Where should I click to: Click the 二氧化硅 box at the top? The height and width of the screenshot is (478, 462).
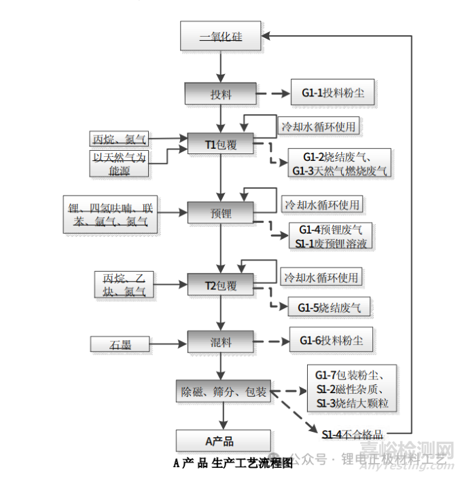click(220, 36)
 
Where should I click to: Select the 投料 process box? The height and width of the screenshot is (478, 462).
click(220, 94)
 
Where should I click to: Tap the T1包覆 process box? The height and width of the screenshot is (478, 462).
click(220, 144)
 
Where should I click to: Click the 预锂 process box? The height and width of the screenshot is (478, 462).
click(220, 213)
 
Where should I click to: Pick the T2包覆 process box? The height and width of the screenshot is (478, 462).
click(220, 285)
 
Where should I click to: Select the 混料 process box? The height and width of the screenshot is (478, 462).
click(220, 339)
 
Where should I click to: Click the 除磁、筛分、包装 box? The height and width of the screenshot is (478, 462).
click(223, 391)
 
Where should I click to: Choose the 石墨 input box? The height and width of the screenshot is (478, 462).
click(120, 344)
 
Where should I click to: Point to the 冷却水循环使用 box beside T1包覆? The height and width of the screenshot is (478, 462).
click(319, 126)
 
